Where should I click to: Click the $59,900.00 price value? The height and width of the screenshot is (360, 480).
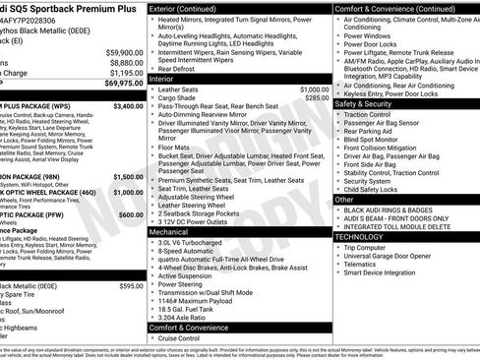tap(124, 52)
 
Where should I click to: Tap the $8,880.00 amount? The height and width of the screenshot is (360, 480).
tap(126, 62)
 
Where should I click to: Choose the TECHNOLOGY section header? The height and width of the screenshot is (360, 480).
tap(365, 237)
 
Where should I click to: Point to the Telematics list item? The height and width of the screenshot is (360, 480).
tap(361, 264)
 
